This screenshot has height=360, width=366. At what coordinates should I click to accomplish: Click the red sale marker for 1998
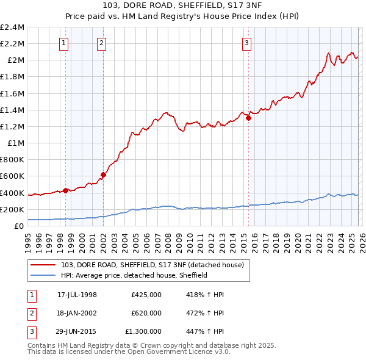(x=65, y=190)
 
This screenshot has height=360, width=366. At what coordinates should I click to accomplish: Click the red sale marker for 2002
(x=103, y=175)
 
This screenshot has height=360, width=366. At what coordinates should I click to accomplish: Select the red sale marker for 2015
(x=248, y=118)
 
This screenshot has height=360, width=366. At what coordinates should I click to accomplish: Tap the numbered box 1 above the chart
(x=64, y=43)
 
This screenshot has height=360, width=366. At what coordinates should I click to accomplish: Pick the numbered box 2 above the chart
(x=101, y=43)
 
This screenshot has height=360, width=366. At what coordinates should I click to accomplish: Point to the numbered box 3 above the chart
(x=246, y=43)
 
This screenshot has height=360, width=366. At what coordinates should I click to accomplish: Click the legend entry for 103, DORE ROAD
(x=152, y=265)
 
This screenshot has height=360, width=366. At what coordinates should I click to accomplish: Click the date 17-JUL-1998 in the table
(x=77, y=294)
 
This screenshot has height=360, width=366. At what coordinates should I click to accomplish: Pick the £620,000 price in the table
(x=146, y=313)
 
